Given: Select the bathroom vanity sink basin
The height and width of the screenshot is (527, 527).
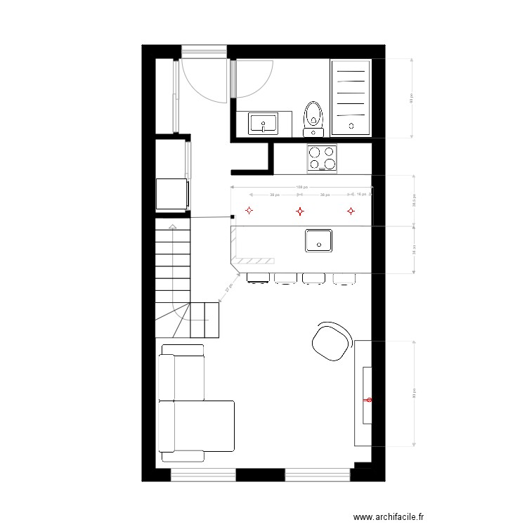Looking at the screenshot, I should [263, 124].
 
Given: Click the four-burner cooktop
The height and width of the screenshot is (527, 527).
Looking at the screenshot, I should [322, 157].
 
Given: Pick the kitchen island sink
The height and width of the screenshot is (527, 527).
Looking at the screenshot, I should [319, 240].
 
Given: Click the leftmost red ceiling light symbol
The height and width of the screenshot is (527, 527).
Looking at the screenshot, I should [248, 210].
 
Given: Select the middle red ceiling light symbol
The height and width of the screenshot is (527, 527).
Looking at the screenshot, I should [300, 210].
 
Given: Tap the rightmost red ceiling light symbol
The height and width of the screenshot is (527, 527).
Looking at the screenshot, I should [351, 210].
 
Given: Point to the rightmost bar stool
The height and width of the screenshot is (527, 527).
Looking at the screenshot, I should [344, 278].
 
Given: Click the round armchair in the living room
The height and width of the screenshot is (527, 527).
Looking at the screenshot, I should [331, 341].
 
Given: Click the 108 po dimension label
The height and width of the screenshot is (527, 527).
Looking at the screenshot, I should [301, 187].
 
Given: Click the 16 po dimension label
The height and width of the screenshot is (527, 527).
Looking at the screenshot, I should [360, 193].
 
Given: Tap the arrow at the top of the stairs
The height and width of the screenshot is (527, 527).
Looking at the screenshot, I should [172, 226].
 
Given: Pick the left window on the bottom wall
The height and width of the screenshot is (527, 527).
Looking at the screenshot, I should [203, 476].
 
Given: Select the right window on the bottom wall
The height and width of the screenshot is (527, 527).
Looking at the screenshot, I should [317, 476].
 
